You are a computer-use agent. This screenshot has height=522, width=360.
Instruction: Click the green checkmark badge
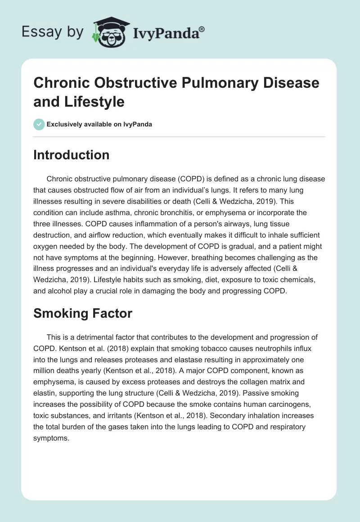(39, 124)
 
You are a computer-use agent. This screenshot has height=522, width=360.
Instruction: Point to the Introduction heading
(71, 155)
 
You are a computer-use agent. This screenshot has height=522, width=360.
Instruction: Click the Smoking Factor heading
(83, 313)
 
